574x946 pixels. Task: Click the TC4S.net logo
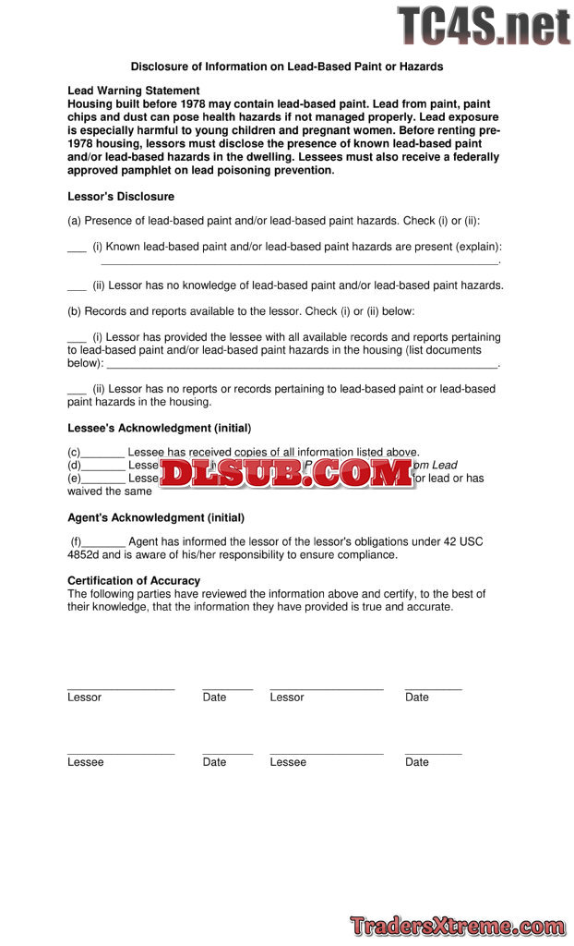click(484, 26)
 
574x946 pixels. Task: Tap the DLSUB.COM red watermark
click(287, 473)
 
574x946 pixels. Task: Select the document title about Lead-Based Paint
click(286, 67)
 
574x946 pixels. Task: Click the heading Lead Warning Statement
click(133, 91)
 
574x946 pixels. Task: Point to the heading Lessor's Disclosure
click(121, 197)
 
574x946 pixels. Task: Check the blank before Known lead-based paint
click(77, 248)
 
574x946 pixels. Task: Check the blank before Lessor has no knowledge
click(77, 286)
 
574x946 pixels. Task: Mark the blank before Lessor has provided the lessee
click(77, 338)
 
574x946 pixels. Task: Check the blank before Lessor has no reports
click(77, 390)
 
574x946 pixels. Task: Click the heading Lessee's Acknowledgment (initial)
click(159, 429)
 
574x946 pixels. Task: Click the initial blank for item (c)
click(102, 453)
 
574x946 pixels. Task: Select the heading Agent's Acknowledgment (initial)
click(156, 518)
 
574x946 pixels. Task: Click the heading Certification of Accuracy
click(134, 581)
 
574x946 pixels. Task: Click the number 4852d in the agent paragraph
click(84, 555)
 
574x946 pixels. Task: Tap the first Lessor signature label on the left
click(84, 697)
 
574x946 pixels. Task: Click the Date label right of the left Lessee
click(214, 762)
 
